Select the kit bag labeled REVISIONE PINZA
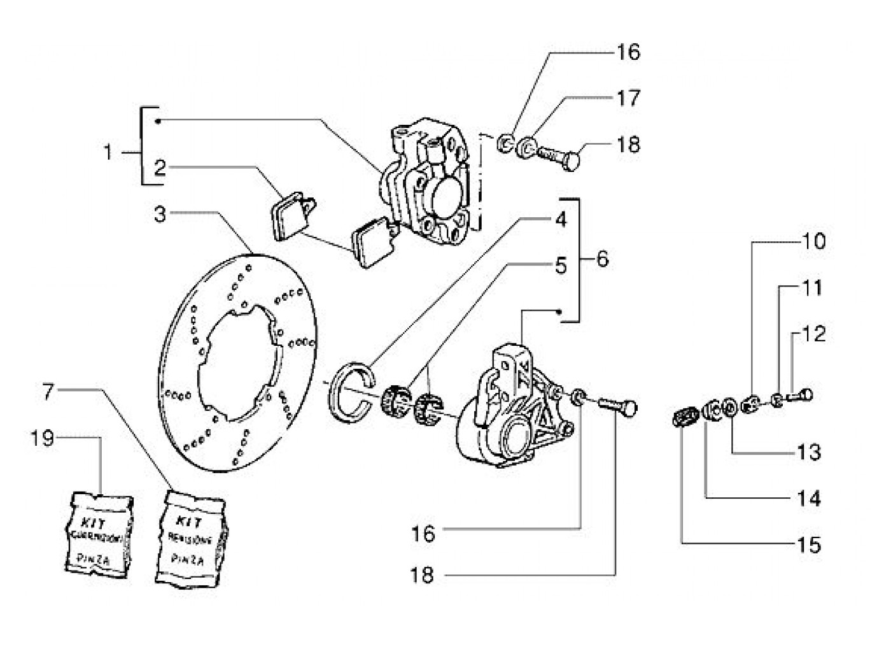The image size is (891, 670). [x=190, y=538]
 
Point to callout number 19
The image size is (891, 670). [x=43, y=438]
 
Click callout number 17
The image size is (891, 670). [x=628, y=98]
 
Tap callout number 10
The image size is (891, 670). [x=812, y=241]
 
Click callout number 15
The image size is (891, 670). [x=809, y=545]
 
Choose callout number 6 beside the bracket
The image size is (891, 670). [x=602, y=259]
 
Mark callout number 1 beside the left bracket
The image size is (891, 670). [x=108, y=152]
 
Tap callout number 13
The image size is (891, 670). [x=809, y=452]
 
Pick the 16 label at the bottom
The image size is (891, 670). [x=423, y=533]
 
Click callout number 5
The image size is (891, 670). [x=560, y=265]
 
